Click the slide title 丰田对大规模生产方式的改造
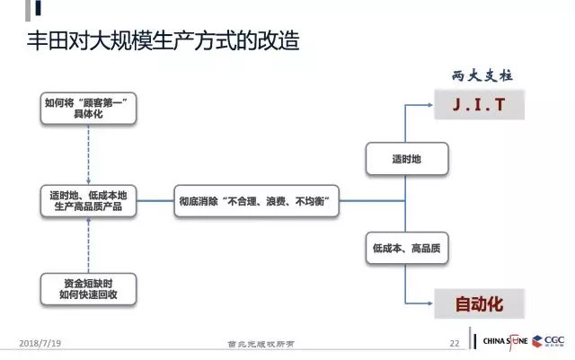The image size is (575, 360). pos(161,42)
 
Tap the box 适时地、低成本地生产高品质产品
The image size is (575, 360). pos(88,201)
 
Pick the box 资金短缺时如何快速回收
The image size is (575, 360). pos(88,288)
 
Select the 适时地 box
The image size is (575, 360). pos(406,158)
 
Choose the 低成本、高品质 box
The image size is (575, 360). pos(406,246)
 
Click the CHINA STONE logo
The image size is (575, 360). pos(508,342)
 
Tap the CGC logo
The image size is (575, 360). pos(553,342)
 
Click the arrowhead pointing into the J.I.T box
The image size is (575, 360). pos(430,105)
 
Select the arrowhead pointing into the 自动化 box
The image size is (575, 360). pos(430,303)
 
